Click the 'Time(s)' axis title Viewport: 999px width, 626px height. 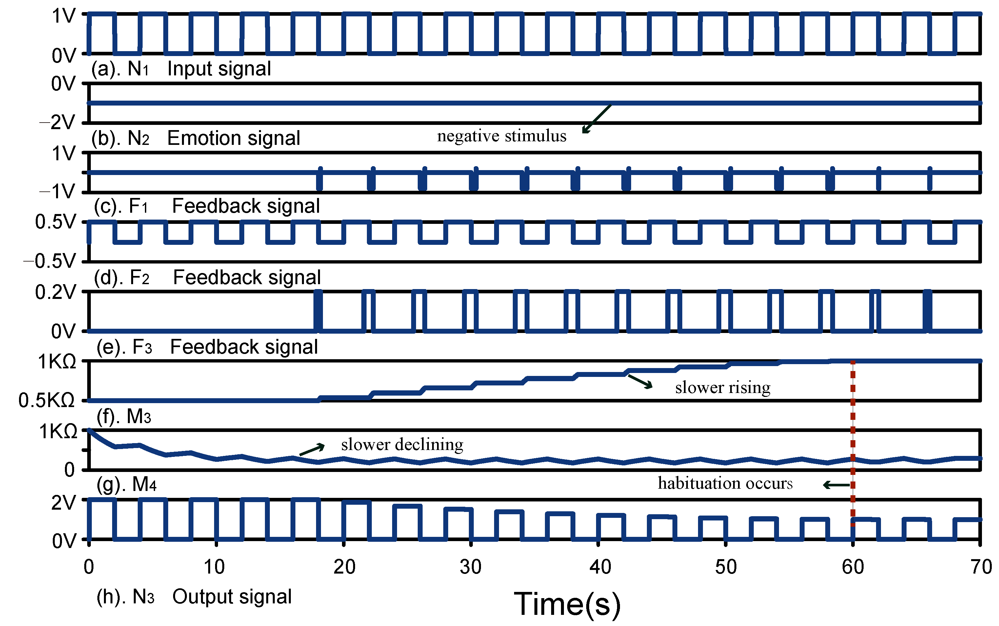pos(567,604)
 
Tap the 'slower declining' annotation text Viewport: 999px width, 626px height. pos(402,445)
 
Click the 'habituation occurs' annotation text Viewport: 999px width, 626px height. pos(725,483)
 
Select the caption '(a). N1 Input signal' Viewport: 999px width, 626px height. pos(181,69)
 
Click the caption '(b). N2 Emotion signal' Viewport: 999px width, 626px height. pos(195,138)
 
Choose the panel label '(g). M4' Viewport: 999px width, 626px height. pos(126,484)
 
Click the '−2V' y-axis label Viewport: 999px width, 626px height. pos(58,123)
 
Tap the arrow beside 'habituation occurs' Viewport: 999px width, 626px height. pos(836,485)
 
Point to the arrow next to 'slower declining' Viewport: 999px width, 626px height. pos(312,450)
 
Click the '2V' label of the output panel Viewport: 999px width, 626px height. pos(63,503)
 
